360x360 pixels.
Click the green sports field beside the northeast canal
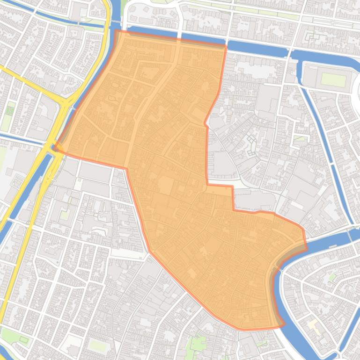pos(333,80)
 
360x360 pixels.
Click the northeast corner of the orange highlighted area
pos(226,46)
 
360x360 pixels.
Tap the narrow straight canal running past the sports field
pos(323,140)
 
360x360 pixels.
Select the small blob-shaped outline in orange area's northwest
pos(113,98)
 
